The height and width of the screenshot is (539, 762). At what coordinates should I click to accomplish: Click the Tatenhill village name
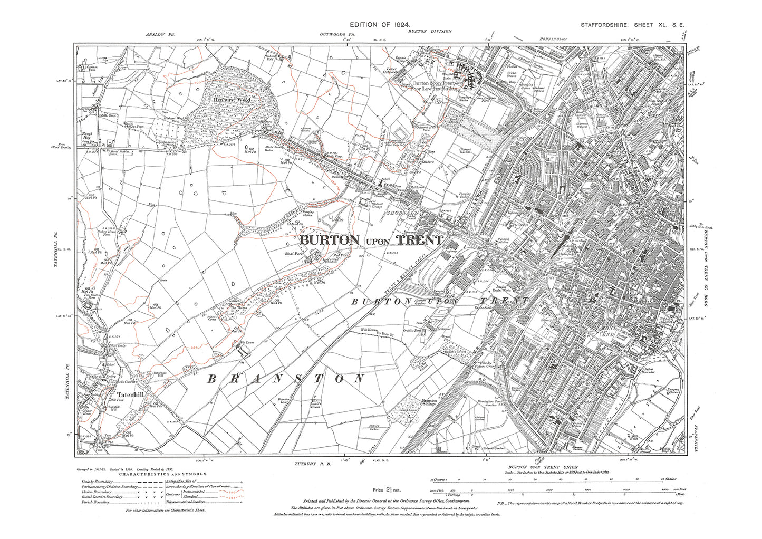[128, 394]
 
